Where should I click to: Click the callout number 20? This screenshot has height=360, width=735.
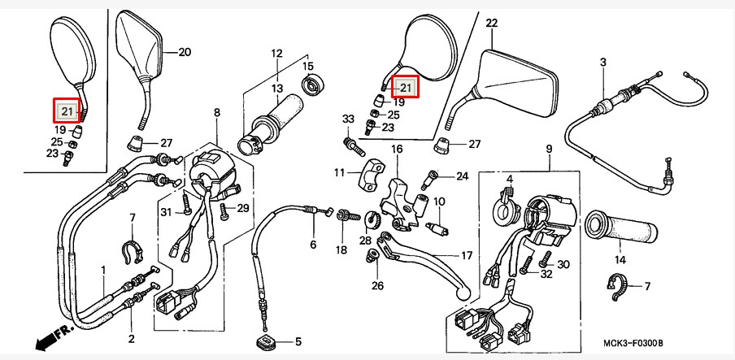185,52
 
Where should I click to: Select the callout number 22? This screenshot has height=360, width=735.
491,23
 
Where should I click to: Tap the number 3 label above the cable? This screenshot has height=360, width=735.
602,62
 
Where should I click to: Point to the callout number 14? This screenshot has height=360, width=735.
620,260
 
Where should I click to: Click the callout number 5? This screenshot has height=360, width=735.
298,342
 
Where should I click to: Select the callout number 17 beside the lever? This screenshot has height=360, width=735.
467,256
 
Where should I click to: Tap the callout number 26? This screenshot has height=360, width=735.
378,286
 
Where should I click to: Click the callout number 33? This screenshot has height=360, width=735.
348,119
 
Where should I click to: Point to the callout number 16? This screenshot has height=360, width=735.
397,149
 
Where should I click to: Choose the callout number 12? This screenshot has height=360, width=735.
276,54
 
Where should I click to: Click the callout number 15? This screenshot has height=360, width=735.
307,66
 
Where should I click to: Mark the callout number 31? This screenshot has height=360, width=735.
167,212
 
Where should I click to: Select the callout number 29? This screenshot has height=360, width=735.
242,209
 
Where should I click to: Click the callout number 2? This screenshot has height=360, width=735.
131,338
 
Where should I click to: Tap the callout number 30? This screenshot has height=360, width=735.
563,264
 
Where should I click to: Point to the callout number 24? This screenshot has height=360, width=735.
462,176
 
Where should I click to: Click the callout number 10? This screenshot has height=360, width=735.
439,202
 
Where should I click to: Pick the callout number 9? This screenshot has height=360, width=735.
549,149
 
